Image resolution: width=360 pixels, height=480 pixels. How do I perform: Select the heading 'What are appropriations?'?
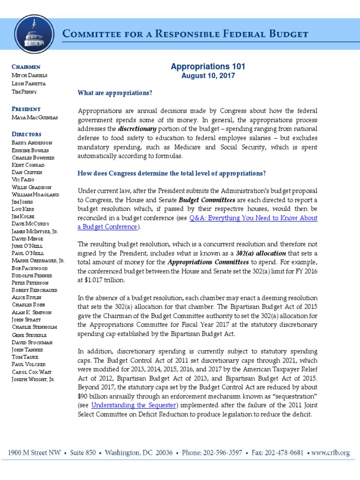(x=115, y=93)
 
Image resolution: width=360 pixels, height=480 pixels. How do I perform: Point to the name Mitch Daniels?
(x=30, y=75)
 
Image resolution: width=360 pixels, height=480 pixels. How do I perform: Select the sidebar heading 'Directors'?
(x=27, y=134)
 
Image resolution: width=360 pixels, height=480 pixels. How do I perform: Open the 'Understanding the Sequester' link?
(x=134, y=405)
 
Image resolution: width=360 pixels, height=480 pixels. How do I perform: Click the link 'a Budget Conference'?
(x=107, y=227)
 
